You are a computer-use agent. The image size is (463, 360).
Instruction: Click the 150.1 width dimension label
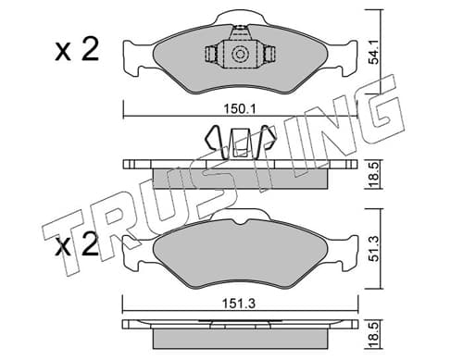(240, 109)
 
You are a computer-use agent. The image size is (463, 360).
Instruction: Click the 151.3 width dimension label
(240, 304)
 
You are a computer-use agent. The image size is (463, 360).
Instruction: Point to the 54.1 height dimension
(374, 54)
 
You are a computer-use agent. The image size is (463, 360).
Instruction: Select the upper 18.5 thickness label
(374, 174)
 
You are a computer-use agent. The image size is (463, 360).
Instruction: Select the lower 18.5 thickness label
(374, 335)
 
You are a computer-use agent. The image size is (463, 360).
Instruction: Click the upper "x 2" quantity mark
(77, 49)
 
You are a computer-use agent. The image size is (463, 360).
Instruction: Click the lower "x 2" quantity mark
(77, 244)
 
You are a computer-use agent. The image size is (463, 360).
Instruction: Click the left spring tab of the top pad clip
(211, 55)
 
